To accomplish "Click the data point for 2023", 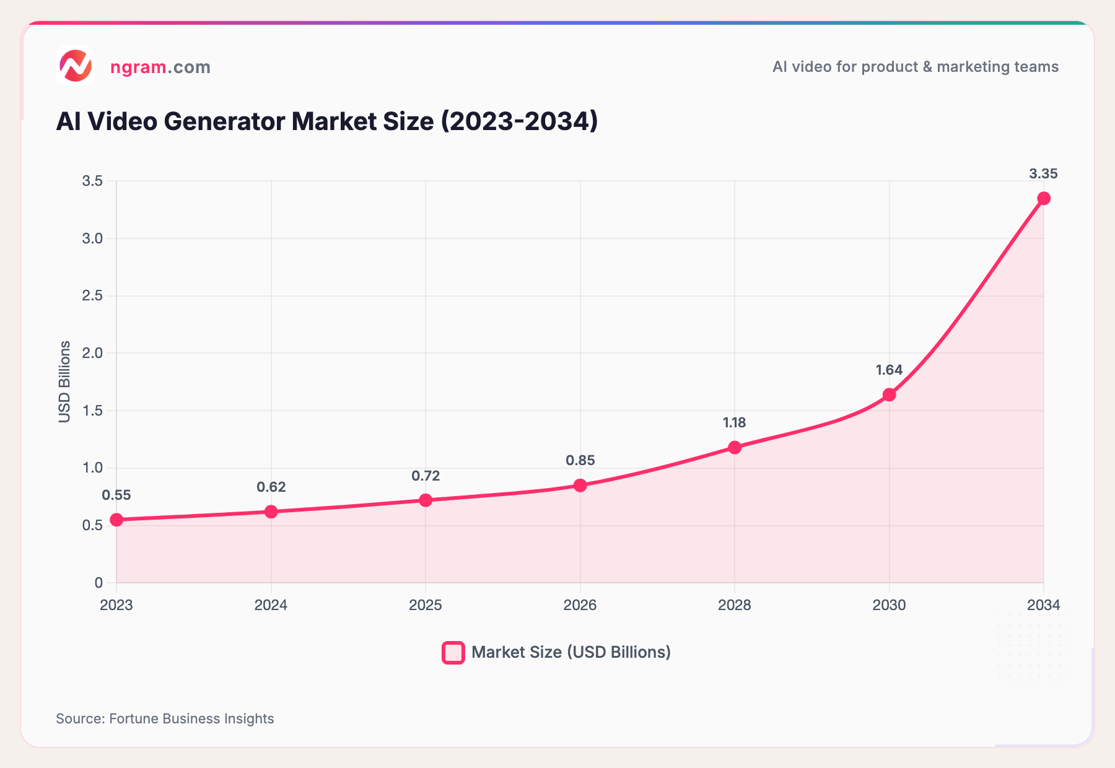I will tap(116, 520).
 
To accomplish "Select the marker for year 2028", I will tap(735, 447).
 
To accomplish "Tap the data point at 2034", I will tap(1044, 198).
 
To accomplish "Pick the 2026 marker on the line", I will tap(580, 485).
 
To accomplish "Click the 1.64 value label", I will tap(889, 370).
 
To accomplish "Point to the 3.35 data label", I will tap(1043, 174).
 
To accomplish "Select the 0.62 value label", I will tap(271, 487).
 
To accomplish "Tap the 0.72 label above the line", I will tap(426, 476).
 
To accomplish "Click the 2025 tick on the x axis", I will tap(426, 605).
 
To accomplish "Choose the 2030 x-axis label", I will tap(889, 605).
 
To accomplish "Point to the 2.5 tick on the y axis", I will tap(92, 295).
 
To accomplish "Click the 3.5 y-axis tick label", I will tap(92, 181).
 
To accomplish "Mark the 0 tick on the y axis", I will tap(98, 583).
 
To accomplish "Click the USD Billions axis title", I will tap(64, 382).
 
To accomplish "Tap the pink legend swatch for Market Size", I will tap(453, 653).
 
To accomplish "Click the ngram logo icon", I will tap(76, 66).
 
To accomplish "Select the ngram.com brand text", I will tap(160, 67).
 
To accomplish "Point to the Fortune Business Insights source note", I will tap(165, 718).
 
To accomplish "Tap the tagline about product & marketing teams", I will tap(915, 67).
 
